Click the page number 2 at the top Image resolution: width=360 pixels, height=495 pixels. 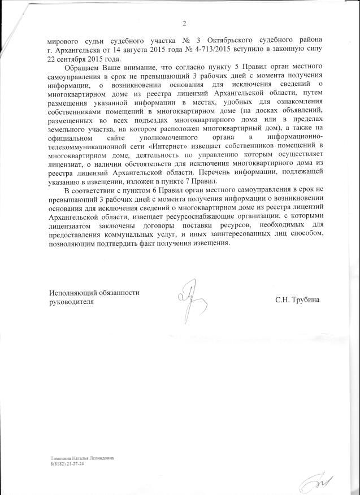click(x=184, y=23)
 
